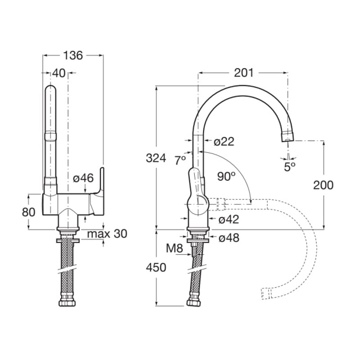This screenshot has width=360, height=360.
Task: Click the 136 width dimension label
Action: [73, 55]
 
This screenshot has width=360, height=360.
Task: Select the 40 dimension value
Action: [59, 73]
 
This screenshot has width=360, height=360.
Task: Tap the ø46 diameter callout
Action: [83, 178]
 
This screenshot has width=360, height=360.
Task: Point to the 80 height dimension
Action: [29, 212]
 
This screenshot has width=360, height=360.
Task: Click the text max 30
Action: [107, 234]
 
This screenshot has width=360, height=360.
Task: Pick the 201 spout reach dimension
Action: [243, 73]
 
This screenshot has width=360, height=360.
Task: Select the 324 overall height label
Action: [156, 158]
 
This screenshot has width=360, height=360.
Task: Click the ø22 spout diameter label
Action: [224, 141]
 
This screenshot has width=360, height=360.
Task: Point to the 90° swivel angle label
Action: [226, 176]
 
